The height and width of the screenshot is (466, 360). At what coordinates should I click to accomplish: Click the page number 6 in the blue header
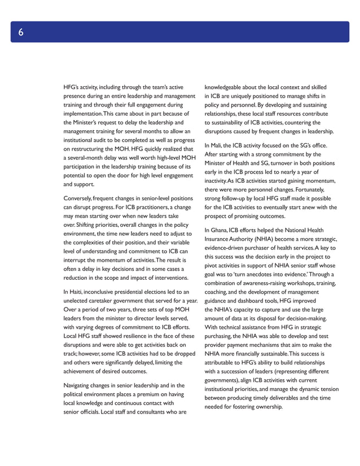(x=20, y=32)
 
